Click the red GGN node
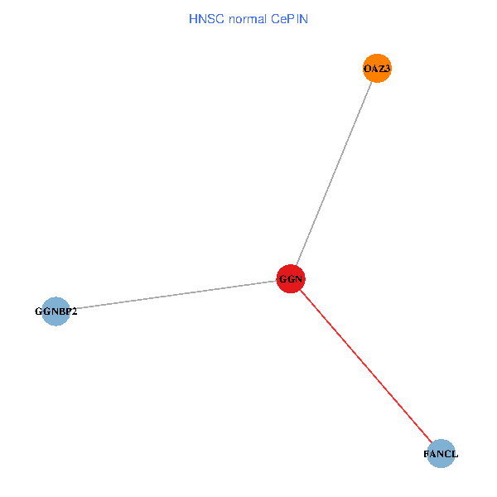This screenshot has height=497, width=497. coord(291,279)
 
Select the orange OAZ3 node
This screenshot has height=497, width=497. coord(377,69)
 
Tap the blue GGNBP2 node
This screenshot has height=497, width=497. coord(55,311)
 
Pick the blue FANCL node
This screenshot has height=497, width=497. coord(442,454)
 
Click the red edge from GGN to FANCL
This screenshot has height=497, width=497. coord(364,364)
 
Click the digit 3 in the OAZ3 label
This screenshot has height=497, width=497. coord(387,69)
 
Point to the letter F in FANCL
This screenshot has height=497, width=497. coord(427,455)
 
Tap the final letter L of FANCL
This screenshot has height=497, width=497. coord(455,455)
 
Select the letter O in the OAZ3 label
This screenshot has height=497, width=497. coord(367,69)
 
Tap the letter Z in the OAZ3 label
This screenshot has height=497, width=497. coord(380,69)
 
